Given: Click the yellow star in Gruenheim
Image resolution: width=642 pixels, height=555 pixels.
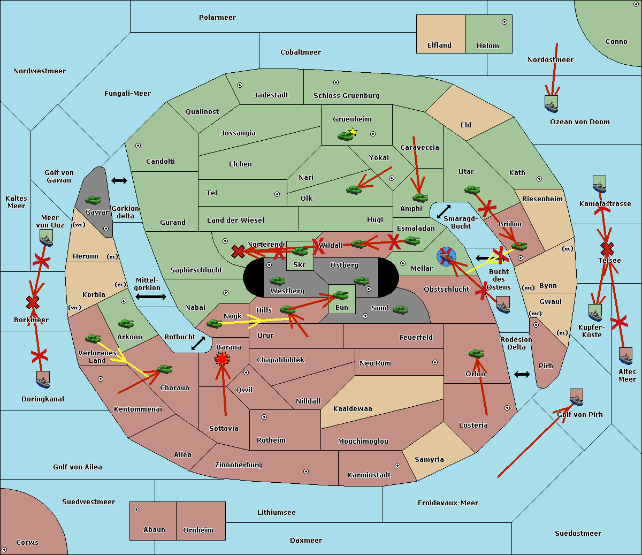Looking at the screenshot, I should tap(353, 132).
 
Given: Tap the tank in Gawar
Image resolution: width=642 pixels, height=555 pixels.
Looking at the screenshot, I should tap(93, 200).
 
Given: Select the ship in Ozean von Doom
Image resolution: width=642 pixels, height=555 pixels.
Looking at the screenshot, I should tap(551, 104).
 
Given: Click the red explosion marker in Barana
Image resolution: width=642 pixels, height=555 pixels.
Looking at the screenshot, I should tap(222, 359).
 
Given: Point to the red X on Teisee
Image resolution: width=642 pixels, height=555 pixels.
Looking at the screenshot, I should tap(607, 249).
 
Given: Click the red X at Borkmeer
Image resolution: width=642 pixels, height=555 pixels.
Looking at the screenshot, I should tap(33, 303).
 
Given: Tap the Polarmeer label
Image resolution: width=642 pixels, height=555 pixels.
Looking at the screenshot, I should tap(217, 18).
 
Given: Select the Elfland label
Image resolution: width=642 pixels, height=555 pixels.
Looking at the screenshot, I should tap(439, 45).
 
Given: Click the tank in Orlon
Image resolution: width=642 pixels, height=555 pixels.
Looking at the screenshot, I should tap(476, 354).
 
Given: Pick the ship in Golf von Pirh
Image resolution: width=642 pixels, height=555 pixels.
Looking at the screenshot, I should tap(576, 397).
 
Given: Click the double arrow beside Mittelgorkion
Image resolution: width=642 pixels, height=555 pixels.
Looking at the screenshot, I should tap(150, 296).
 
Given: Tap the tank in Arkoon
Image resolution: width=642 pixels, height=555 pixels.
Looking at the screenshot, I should tap(126, 324).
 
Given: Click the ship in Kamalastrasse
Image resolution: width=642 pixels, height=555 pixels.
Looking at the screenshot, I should tap(599, 184).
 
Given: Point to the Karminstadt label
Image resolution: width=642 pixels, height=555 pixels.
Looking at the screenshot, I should tap(369, 475).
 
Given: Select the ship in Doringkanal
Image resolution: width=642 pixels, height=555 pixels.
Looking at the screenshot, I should tap(43, 379).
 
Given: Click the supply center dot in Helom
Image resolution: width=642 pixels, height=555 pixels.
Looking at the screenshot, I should tap(504, 22).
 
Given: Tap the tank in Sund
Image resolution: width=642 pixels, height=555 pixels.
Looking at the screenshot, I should tap(401, 309).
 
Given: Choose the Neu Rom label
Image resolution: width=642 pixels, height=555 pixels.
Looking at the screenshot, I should tap(375, 363).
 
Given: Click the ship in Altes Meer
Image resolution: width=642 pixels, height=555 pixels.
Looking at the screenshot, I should tap(625, 356).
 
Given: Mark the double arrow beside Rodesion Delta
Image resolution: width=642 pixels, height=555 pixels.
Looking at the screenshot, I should tap(522, 374).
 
